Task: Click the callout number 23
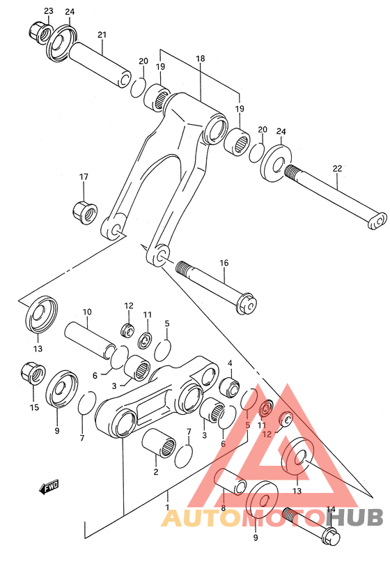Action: (48, 10)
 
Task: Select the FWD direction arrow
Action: (49, 487)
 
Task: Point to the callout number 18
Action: (201, 59)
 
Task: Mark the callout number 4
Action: (230, 364)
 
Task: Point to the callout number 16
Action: (224, 263)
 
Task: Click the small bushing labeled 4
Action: (230, 385)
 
